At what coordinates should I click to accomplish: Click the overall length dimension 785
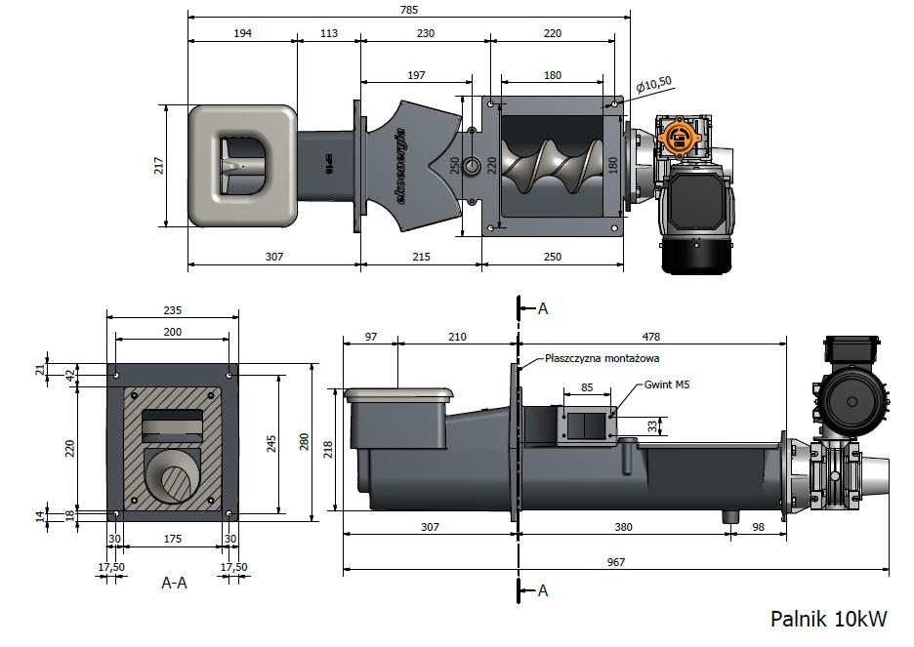[409, 10]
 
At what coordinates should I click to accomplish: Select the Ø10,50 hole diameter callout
[653, 85]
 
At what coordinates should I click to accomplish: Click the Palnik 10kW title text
[828, 619]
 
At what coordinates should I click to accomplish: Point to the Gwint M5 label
[667, 384]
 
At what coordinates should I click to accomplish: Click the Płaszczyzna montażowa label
[602, 358]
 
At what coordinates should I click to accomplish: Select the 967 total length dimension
[615, 562]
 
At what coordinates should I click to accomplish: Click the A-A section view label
[174, 583]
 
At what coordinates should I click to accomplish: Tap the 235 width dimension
[173, 310]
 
